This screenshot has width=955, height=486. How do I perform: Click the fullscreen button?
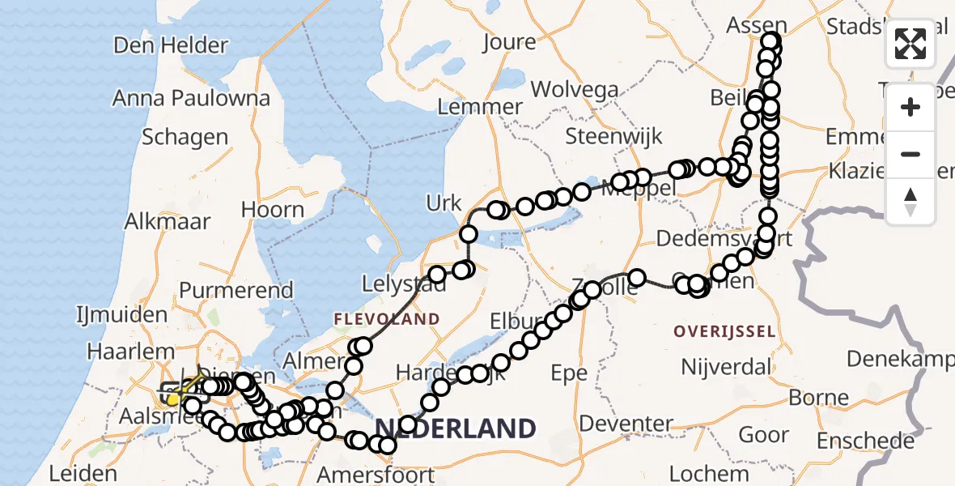click(x=910, y=44)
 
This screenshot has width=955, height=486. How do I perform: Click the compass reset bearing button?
click(x=910, y=202)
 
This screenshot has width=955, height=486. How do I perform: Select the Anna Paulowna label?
click(x=191, y=98)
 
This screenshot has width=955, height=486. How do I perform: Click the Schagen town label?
click(x=185, y=137)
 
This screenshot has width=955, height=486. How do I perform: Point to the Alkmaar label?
click(x=168, y=221)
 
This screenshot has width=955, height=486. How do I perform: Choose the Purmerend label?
click(x=236, y=290)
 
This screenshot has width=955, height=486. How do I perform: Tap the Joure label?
click(x=509, y=42)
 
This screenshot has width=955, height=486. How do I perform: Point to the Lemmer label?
click(x=479, y=107)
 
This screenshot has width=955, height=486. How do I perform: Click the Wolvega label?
click(x=575, y=90)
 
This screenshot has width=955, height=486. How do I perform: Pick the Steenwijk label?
click(x=613, y=136)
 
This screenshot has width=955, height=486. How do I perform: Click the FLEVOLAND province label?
click(x=387, y=319)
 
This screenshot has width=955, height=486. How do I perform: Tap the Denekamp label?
click(x=898, y=358)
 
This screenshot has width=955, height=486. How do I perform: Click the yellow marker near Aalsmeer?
click(x=173, y=399)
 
